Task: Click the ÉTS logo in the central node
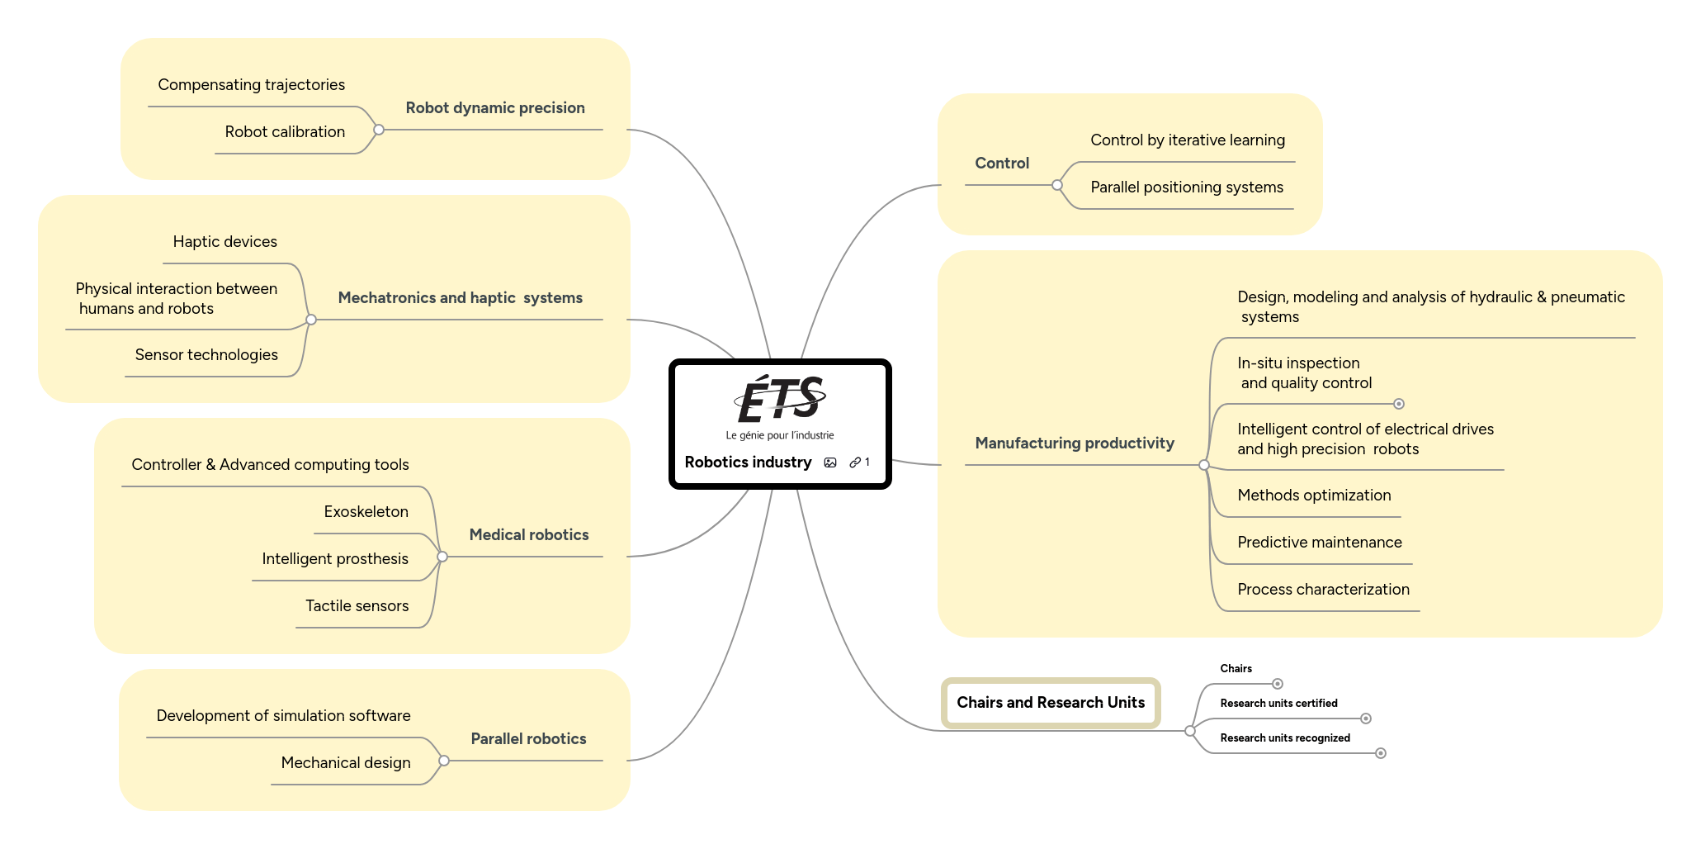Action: click(780, 401)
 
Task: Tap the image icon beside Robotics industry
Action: click(830, 462)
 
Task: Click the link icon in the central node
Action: click(856, 462)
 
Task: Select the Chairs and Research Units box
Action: click(1050, 703)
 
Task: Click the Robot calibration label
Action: click(285, 132)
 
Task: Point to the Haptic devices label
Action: click(224, 242)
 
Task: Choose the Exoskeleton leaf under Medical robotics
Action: click(366, 512)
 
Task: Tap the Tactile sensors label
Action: click(357, 606)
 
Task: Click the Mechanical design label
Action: click(345, 763)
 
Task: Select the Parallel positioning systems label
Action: click(1186, 187)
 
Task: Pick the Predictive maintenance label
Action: click(1319, 543)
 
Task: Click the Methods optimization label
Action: click(1314, 496)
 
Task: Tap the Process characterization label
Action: click(1323, 590)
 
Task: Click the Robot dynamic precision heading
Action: click(495, 108)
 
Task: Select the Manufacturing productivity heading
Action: click(1074, 443)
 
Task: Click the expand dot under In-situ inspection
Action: click(1398, 404)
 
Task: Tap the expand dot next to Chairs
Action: click(1277, 684)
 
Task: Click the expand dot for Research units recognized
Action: click(1380, 753)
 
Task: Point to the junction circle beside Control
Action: click(1056, 185)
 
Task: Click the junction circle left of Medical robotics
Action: click(442, 557)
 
